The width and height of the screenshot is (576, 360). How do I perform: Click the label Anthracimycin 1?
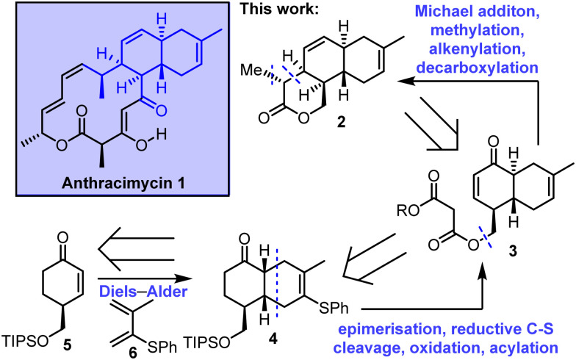[x=123, y=182]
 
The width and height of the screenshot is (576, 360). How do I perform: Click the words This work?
[x=279, y=9]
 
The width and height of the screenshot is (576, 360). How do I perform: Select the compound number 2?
[x=341, y=122]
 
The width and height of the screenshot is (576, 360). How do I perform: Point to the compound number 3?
[x=511, y=251]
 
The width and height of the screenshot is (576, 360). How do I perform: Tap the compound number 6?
[x=133, y=353]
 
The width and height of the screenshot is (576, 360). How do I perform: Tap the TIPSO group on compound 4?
[x=207, y=344]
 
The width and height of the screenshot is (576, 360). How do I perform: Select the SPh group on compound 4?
[x=333, y=308]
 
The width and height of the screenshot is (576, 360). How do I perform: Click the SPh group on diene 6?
[x=162, y=347]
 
